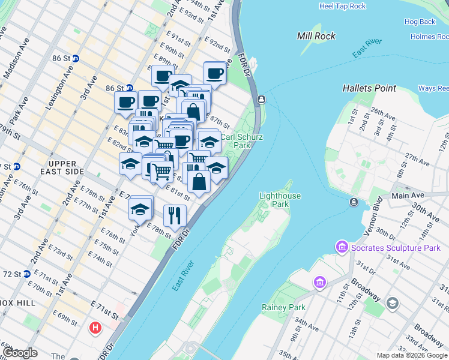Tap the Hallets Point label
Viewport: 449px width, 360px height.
pyautogui.click(x=369, y=88)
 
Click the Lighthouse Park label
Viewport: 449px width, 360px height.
pyautogui.click(x=280, y=200)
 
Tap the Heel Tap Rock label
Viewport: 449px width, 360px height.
pyautogui.click(x=342, y=6)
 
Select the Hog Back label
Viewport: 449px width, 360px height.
pyautogui.click(x=420, y=22)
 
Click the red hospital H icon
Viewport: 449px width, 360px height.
pyautogui.click(x=95, y=328)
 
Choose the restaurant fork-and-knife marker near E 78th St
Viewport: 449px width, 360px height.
pyautogui.click(x=175, y=215)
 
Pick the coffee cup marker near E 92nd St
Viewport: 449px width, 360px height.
pyautogui.click(x=214, y=74)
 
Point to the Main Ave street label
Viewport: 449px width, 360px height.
pyautogui.click(x=408, y=196)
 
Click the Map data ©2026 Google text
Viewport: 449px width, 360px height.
pyautogui.click(x=411, y=355)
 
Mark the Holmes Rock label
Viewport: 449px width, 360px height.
pyautogui.click(x=429, y=37)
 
